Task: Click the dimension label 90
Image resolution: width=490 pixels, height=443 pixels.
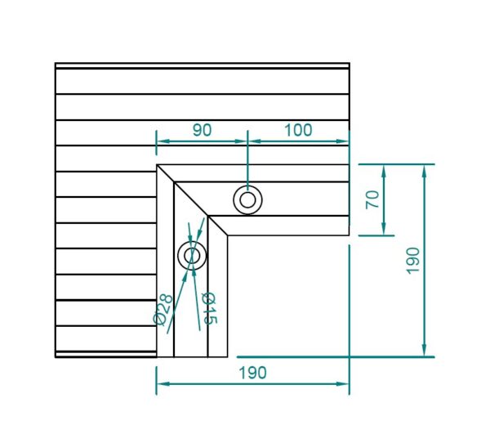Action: click(203, 130)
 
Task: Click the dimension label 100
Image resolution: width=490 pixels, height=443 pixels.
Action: click(298, 130)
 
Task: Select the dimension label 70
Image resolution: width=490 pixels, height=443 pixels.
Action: click(372, 199)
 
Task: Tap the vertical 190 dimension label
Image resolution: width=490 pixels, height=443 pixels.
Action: click(412, 261)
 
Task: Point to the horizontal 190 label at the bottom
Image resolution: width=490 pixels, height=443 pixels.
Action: click(253, 373)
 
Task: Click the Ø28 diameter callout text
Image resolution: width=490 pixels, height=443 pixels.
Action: click(163, 309)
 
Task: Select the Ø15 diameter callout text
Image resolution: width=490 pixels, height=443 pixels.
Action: click(209, 308)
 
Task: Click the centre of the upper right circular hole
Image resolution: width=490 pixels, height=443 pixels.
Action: click(247, 200)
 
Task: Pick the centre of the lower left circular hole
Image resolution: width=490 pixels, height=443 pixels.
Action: click(192, 256)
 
